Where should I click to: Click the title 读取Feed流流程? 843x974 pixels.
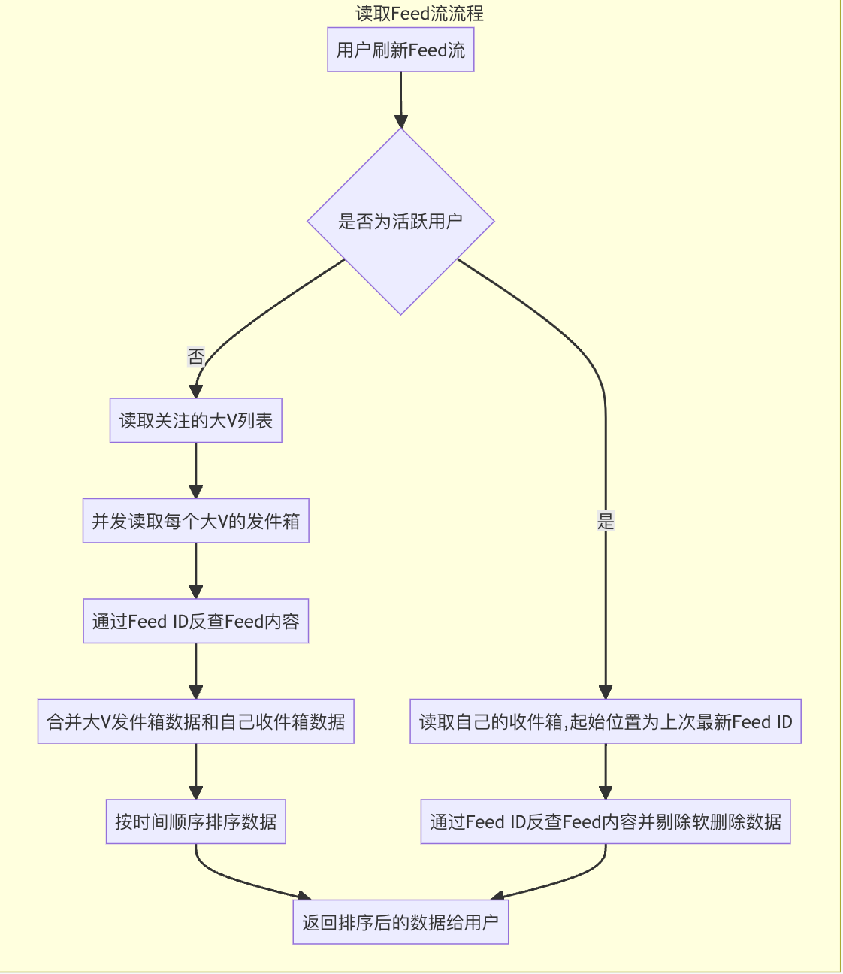(x=419, y=13)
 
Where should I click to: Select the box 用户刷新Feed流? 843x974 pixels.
(x=400, y=50)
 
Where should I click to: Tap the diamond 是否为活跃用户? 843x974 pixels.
(x=400, y=221)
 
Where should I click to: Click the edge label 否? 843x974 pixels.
(x=196, y=356)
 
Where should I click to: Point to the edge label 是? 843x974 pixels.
(x=606, y=521)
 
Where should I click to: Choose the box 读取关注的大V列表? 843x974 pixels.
(x=195, y=420)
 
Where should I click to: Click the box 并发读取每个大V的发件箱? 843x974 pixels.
(x=195, y=521)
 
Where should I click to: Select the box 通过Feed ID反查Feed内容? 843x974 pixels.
(x=195, y=621)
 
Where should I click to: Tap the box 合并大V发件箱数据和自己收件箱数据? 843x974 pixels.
(x=195, y=721)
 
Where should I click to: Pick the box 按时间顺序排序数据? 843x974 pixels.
(x=195, y=821)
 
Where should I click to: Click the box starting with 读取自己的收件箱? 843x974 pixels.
(x=606, y=721)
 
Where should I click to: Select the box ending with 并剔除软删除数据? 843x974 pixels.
(x=606, y=821)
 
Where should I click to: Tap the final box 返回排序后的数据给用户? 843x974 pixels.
(x=400, y=922)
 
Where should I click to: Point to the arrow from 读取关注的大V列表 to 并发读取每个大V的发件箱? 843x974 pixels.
(x=195, y=470)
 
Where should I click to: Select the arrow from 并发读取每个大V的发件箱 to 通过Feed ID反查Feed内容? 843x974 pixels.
(x=195, y=570)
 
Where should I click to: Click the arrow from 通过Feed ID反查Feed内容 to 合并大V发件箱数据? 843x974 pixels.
(x=195, y=670)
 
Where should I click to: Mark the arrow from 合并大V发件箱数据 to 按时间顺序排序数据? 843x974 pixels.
(x=195, y=771)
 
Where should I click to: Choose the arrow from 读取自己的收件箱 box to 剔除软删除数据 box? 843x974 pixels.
(x=606, y=771)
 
